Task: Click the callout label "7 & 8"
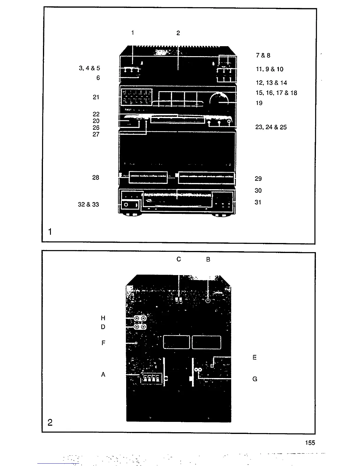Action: [263, 55]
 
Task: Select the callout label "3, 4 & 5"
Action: [89, 68]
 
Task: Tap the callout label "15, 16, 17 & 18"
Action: [276, 93]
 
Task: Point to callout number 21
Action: [96, 97]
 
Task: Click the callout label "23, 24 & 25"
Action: [271, 127]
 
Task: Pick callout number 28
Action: [96, 178]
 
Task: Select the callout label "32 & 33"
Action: [88, 204]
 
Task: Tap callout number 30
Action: [258, 191]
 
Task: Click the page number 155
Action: [310, 443]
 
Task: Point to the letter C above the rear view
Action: [179, 259]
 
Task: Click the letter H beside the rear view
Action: [103, 318]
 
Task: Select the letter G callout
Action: [255, 379]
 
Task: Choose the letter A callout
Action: [103, 375]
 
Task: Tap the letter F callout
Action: [103, 343]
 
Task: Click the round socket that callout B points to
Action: [208, 301]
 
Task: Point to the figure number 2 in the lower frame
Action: [50, 423]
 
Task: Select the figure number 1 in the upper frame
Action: [50, 232]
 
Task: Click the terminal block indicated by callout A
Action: [151, 379]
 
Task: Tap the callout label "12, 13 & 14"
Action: [271, 83]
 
